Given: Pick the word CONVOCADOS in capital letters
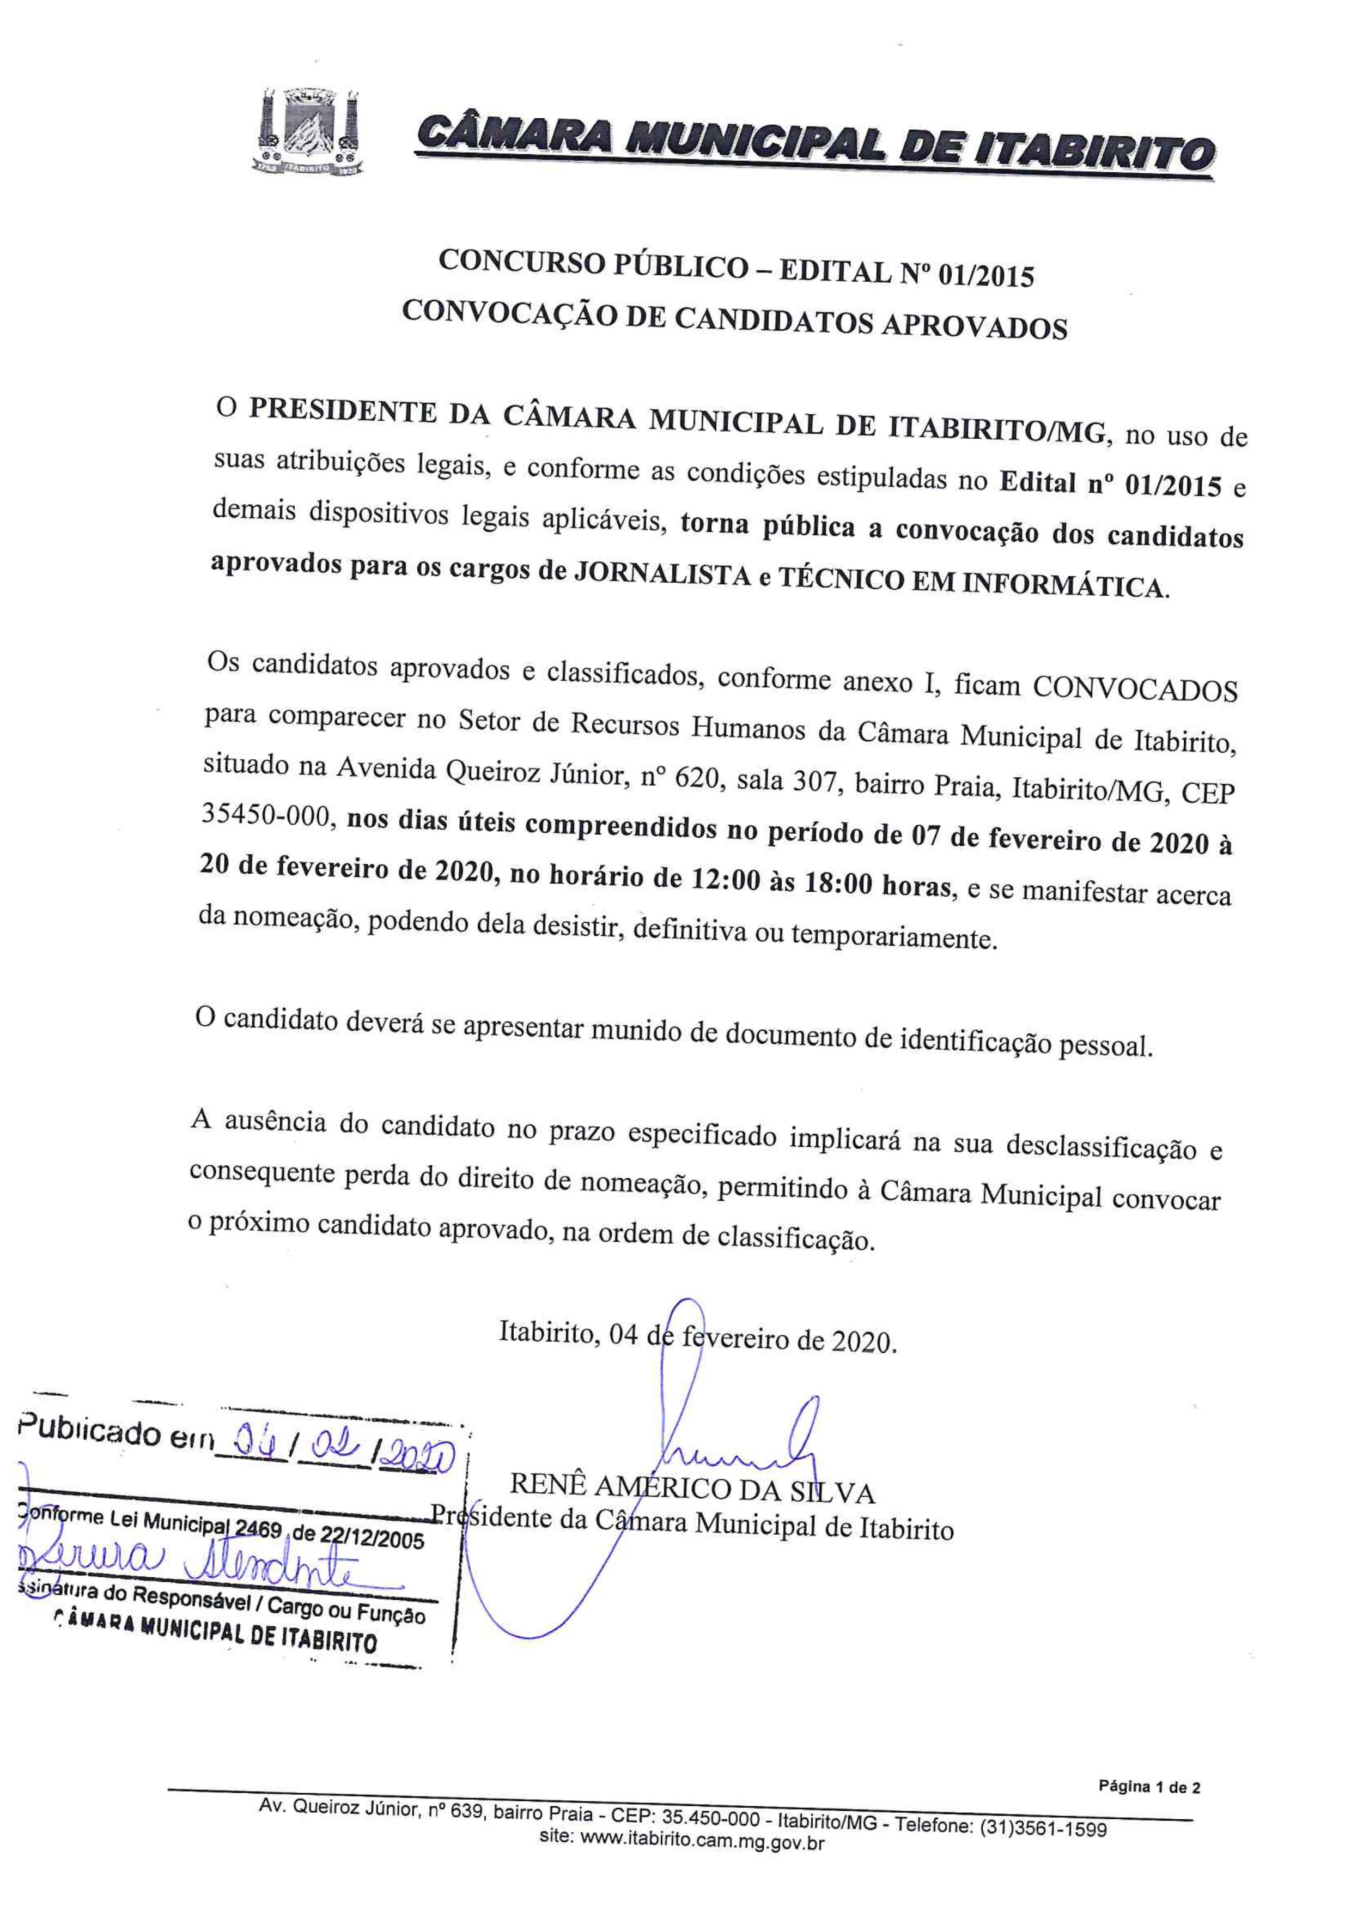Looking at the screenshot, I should click(x=1135, y=689).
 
